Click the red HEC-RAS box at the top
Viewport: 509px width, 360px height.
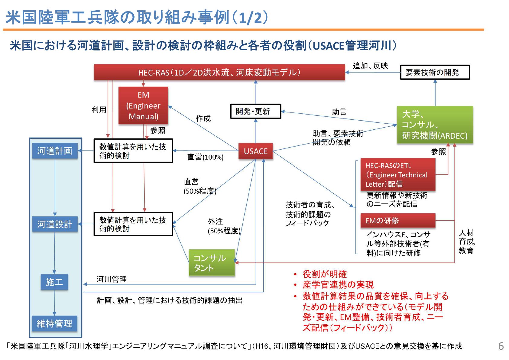coord(219,73)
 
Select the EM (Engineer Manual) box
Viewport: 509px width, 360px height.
coord(143,105)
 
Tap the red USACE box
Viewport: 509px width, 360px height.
coord(256,151)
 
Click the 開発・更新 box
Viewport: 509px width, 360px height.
coord(255,111)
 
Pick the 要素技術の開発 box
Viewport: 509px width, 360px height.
coord(435,72)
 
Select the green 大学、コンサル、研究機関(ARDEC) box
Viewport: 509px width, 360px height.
coord(435,125)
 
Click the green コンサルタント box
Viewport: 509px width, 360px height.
coord(212,262)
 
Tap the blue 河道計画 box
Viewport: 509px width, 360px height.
coord(55,151)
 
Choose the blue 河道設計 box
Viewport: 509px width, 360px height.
coord(55,224)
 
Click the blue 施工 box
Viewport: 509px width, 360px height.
coord(54,282)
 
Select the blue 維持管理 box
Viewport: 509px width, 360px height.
coord(54,323)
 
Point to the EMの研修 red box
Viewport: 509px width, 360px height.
coord(398,221)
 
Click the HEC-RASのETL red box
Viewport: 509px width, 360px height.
coord(398,174)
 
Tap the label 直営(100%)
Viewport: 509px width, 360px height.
coord(205,157)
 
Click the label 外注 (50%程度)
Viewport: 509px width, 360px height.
coord(224,226)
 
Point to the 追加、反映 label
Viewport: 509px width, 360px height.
coord(370,66)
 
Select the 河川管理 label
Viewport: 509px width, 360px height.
coord(112,279)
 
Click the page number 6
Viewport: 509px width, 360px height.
coord(501,346)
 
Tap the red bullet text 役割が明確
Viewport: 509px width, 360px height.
coord(325,274)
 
